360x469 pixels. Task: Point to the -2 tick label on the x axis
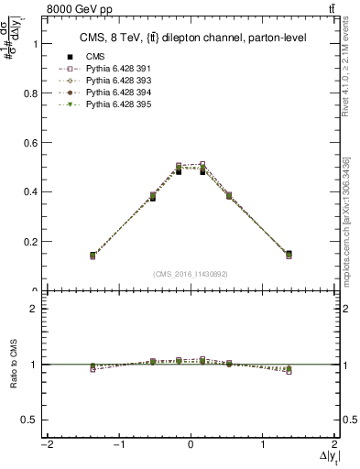(x=44, y=445)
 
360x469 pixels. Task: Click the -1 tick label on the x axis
(x=117, y=445)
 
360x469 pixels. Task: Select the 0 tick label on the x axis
(x=191, y=445)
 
